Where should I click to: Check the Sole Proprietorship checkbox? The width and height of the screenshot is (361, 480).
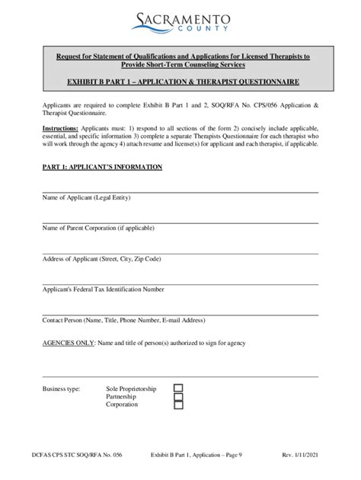point(178,388)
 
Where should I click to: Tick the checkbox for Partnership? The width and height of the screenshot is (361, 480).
point(178,396)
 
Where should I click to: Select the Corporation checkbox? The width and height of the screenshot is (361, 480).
point(178,405)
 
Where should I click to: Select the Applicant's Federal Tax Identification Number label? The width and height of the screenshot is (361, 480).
point(103,290)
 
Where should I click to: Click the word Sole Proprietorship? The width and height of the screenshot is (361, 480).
point(131,389)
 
